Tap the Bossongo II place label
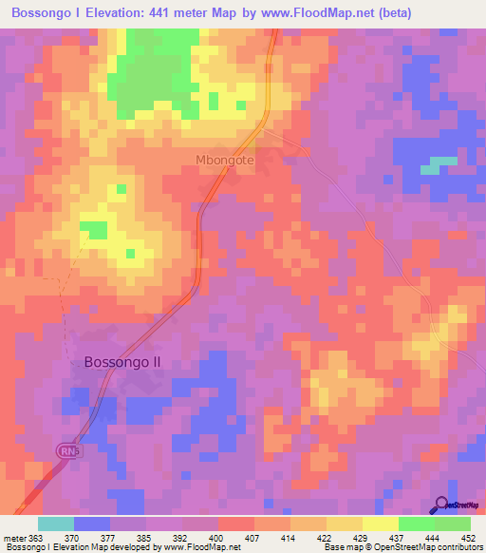click(x=123, y=362)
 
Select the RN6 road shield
click(x=67, y=449)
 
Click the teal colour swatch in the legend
click(x=56, y=524)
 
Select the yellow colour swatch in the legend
click(x=381, y=524)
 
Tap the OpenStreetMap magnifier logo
click(x=441, y=505)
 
